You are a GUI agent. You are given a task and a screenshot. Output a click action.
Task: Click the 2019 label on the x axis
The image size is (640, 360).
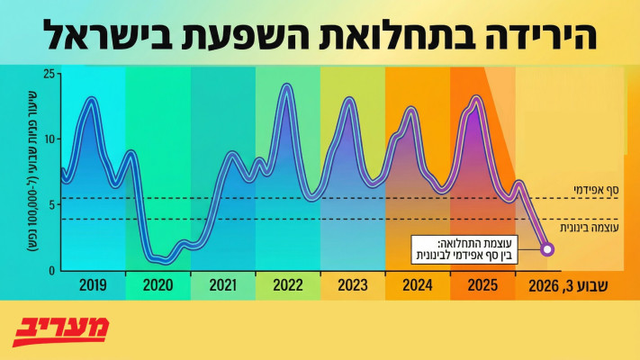point(93,286)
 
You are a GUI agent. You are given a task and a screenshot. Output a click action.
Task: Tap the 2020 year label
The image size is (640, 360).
point(158,286)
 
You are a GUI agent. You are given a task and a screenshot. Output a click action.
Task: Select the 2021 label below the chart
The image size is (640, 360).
point(222,286)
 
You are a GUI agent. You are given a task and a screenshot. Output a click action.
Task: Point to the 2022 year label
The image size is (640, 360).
point(287,286)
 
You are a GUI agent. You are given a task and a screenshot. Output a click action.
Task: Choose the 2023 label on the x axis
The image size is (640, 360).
point(352,286)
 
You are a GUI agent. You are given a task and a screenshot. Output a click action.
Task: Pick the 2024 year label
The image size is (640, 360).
point(417,286)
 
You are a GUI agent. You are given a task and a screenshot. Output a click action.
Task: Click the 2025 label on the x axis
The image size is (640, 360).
point(482,286)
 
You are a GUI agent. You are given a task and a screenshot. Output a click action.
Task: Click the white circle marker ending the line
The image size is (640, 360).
point(547,249)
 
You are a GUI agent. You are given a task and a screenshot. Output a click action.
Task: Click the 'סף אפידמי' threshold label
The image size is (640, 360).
point(596,191)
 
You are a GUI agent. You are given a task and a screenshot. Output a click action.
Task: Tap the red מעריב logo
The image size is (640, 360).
point(61,330)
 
